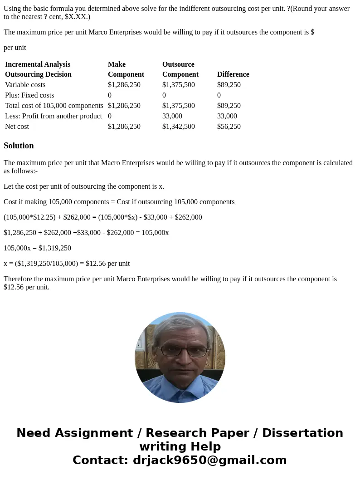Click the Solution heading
19,146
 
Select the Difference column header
233,74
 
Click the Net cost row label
17,127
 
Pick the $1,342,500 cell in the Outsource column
178,127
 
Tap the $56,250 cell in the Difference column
229,127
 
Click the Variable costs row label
25,85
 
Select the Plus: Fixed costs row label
29,95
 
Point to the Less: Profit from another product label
54,116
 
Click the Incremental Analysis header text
38,64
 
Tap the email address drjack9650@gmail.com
209,460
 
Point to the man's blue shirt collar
180,386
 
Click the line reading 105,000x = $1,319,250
37,248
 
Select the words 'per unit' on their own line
15,48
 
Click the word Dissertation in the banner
302,433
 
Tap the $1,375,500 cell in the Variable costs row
178,85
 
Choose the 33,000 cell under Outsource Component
172,116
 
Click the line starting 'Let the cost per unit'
84,186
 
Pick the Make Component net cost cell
124,127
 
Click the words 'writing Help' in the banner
180,446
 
